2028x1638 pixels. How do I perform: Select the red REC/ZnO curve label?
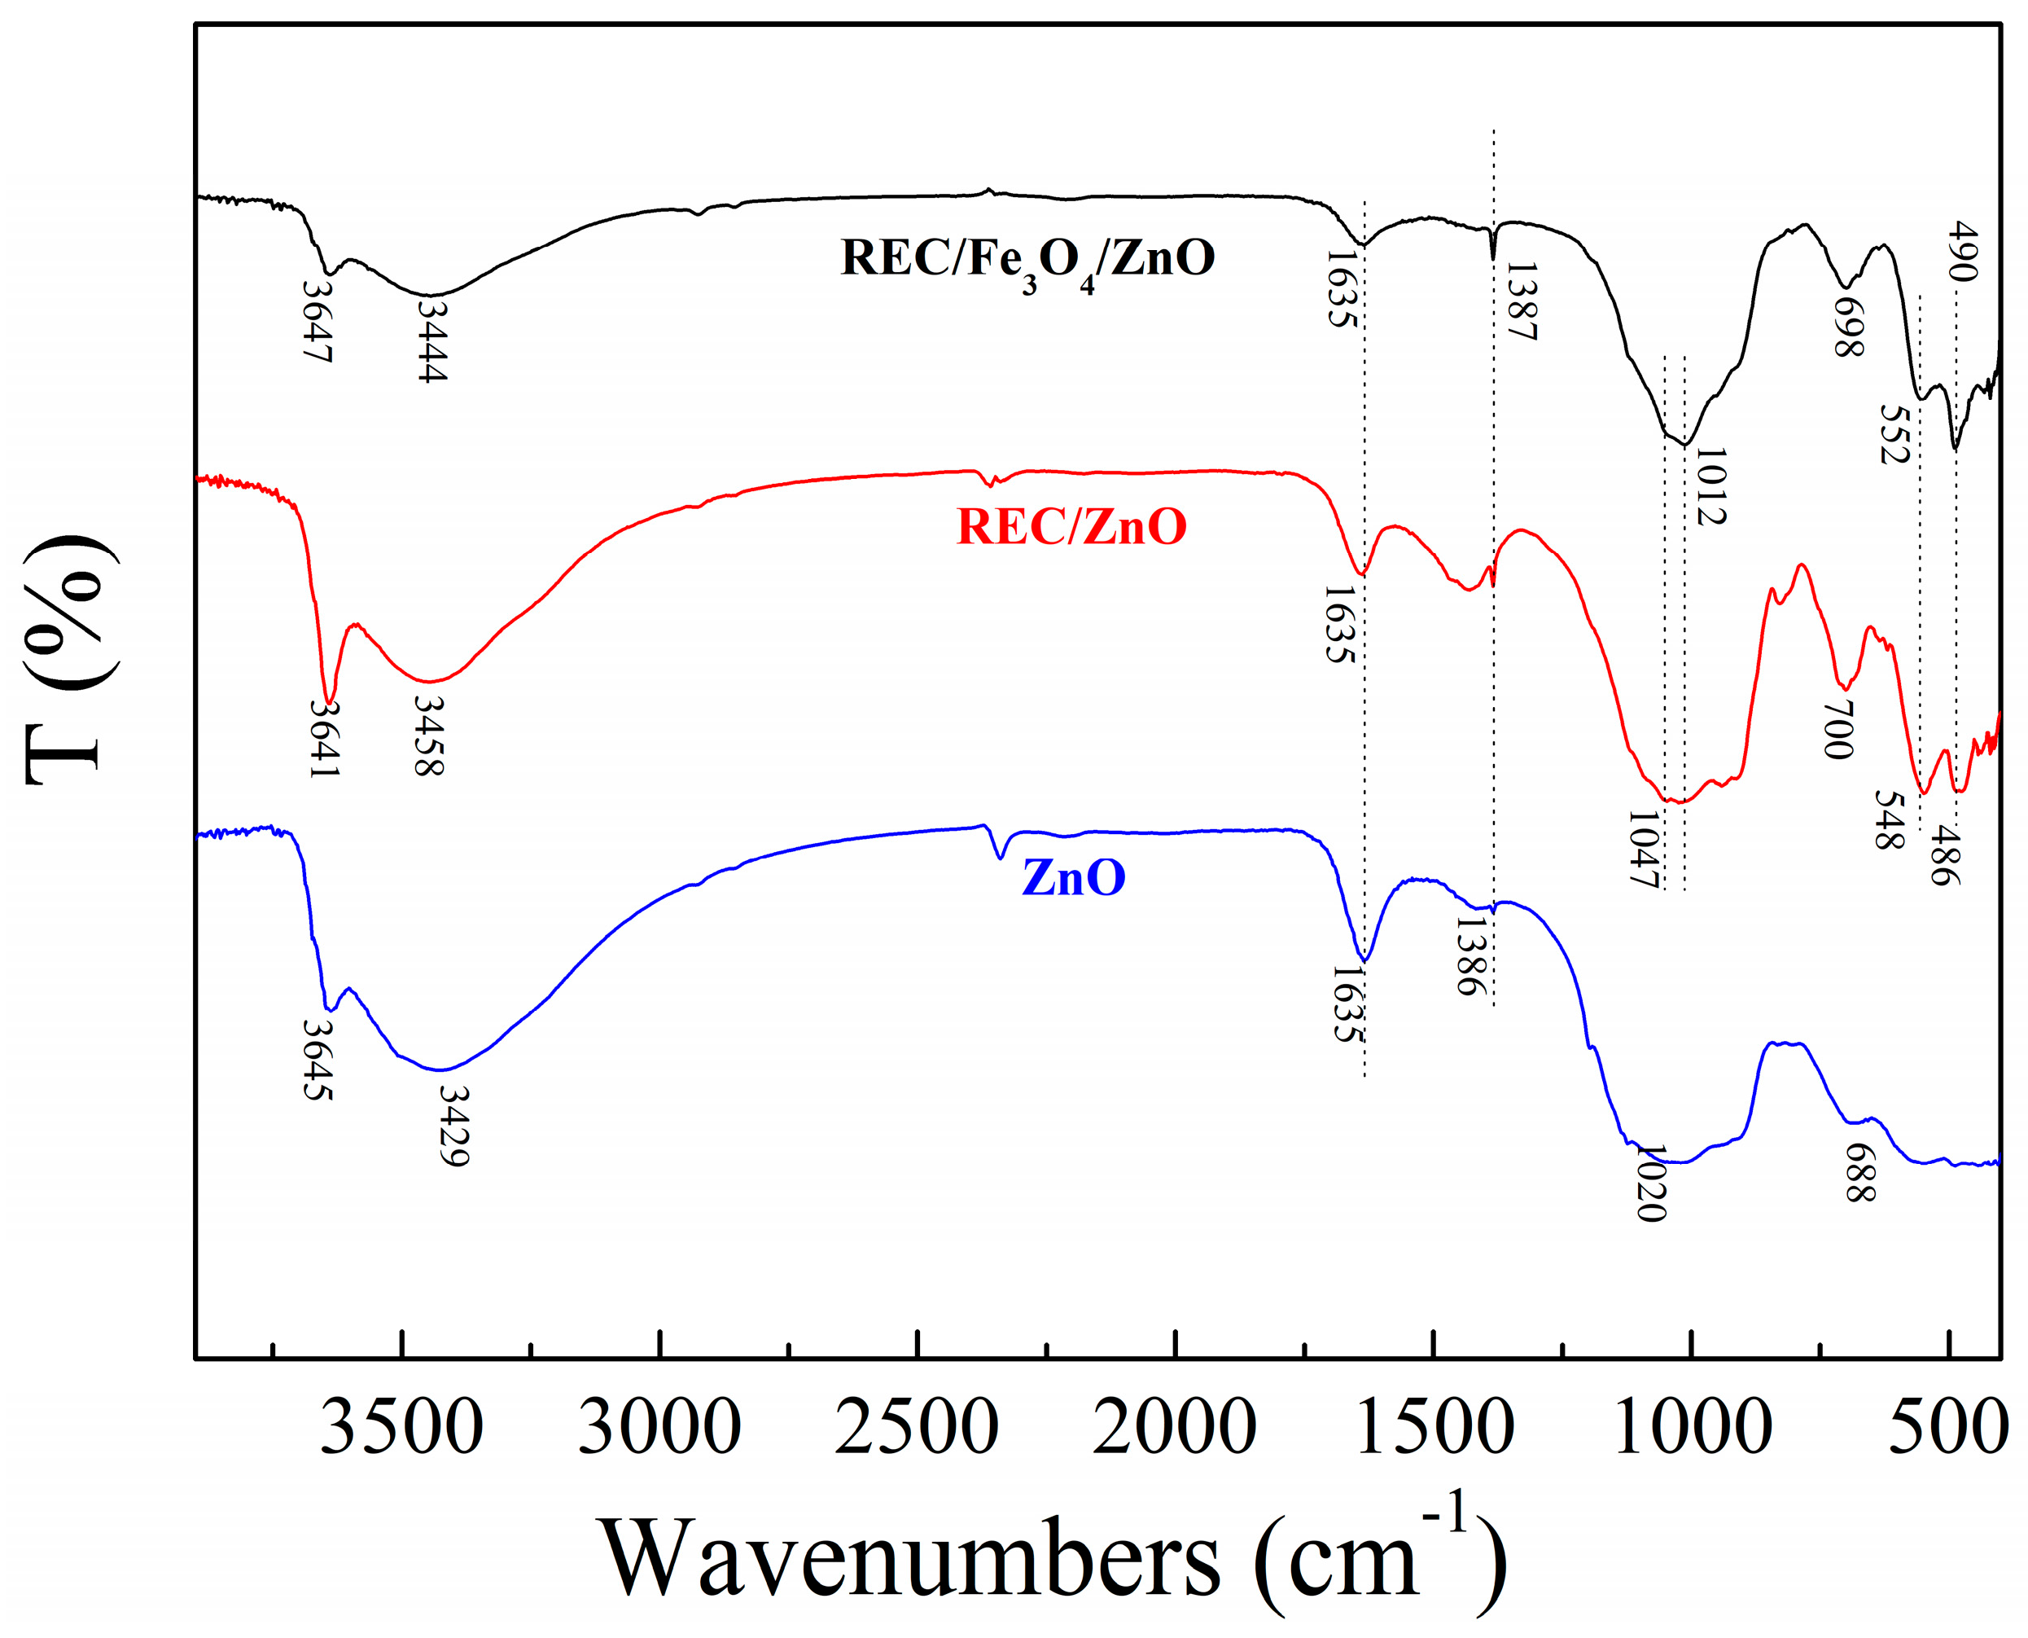point(1071,526)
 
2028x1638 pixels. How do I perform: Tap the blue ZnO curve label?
point(1073,877)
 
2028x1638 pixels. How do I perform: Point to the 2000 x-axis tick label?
point(1174,1428)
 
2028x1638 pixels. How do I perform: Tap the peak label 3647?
point(318,321)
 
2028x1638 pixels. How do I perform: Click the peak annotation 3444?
point(432,340)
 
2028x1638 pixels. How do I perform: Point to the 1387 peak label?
point(1521,302)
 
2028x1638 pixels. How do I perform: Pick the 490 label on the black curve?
point(1961,251)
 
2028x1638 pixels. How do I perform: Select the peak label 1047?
point(1642,850)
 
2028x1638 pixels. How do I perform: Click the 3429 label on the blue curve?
point(454,1126)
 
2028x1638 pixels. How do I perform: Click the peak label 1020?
point(1651,1183)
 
